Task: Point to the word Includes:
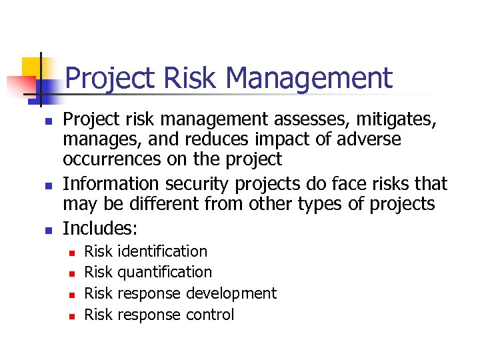tap(100, 229)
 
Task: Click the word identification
tap(162, 251)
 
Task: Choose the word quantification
tap(165, 272)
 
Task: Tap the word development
tap(231, 293)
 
